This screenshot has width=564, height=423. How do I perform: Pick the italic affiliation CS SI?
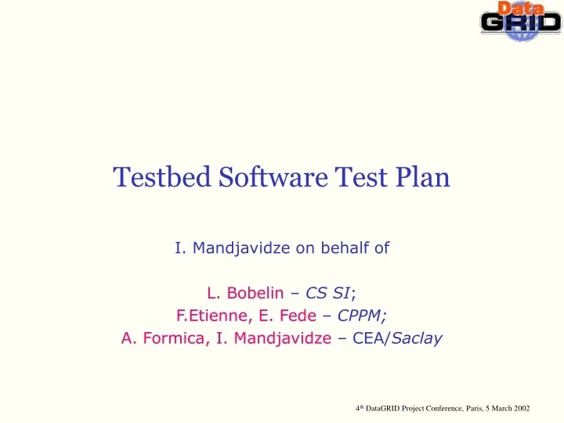[328, 294]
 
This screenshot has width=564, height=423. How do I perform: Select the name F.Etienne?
[205, 316]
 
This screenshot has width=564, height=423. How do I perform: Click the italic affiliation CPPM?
[360, 316]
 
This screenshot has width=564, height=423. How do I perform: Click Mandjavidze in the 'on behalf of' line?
[231, 248]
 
